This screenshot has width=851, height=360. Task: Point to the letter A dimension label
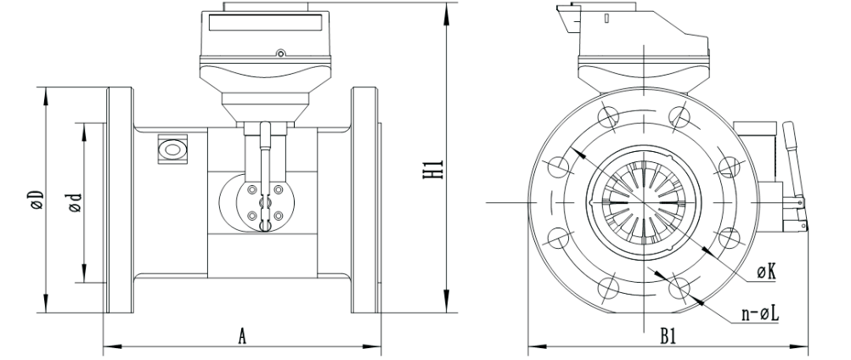(x=243, y=337)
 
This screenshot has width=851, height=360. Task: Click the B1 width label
(x=668, y=337)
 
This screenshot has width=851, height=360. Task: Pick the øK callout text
(x=767, y=273)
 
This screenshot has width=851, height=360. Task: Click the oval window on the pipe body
(x=172, y=149)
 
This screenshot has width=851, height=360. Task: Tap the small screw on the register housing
(x=280, y=53)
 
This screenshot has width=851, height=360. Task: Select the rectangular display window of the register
(x=264, y=22)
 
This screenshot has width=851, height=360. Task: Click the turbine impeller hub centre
(x=644, y=202)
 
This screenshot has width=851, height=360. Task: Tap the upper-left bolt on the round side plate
(x=252, y=189)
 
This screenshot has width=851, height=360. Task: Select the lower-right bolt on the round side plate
(x=278, y=216)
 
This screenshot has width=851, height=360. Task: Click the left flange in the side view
(x=120, y=200)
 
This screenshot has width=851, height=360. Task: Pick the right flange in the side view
(x=364, y=200)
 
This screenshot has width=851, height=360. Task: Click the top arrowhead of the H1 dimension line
(x=448, y=11)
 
